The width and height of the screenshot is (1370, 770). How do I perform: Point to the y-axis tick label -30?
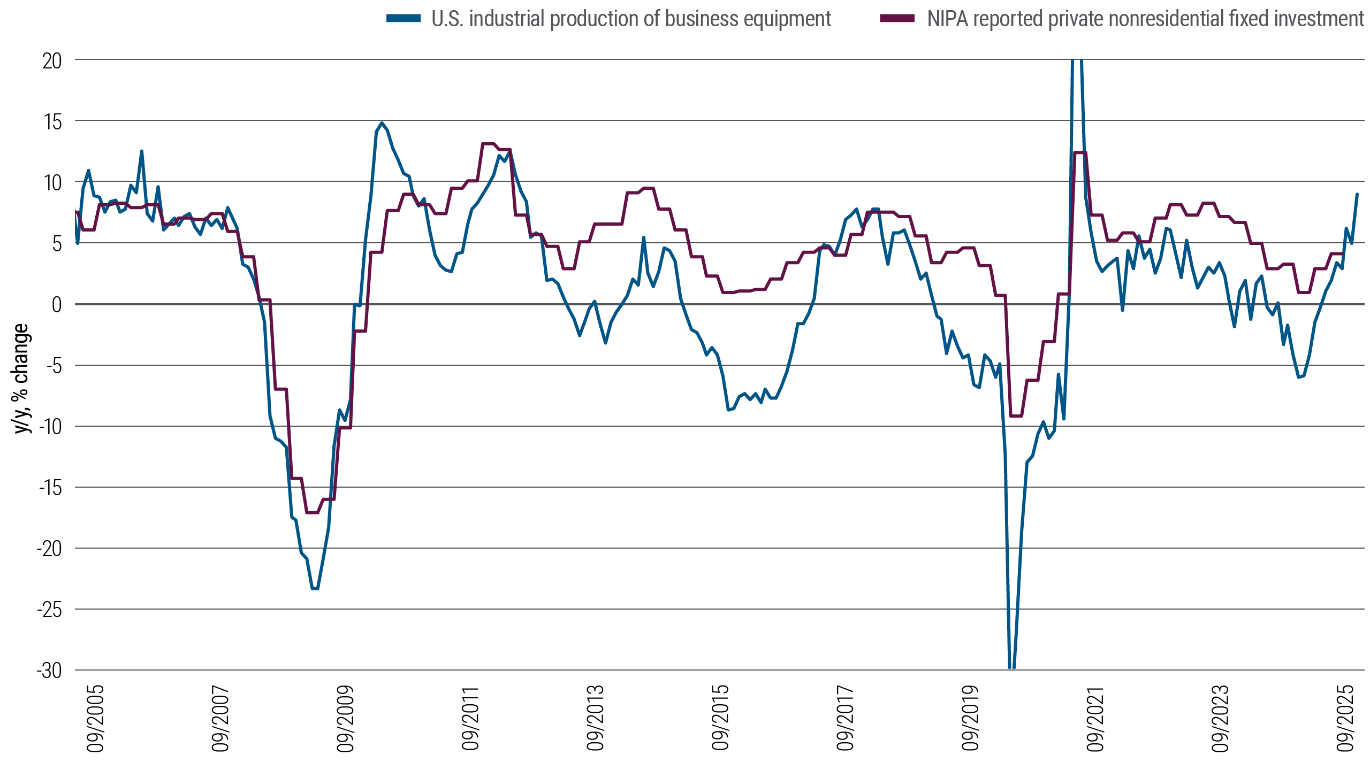coord(49,671)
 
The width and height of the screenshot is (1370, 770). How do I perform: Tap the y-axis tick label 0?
coord(56,305)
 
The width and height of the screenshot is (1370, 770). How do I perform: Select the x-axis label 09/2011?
coord(470,719)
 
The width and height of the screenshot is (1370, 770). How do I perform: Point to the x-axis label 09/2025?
coord(1345,719)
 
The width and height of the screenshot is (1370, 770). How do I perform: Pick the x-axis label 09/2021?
coord(1095,719)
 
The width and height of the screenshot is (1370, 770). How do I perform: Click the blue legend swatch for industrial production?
coord(404,19)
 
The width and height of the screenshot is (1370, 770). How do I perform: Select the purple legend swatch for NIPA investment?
coord(897,19)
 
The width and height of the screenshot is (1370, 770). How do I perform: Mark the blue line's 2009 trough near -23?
coord(315,589)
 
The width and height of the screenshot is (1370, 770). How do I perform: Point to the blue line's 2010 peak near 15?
coord(382,122)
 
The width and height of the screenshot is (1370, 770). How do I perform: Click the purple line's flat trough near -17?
coord(313,512)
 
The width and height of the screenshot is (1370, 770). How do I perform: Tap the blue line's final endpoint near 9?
coord(1357,194)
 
